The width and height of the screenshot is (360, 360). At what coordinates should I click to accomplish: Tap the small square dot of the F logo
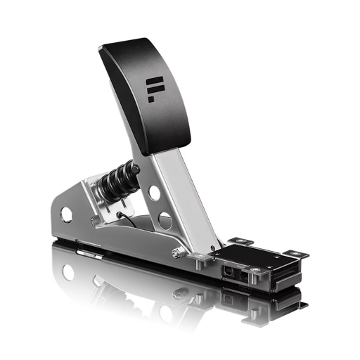150,99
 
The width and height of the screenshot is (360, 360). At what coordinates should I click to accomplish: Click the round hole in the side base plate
66,212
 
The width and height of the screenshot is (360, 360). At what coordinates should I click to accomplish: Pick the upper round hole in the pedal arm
153,191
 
